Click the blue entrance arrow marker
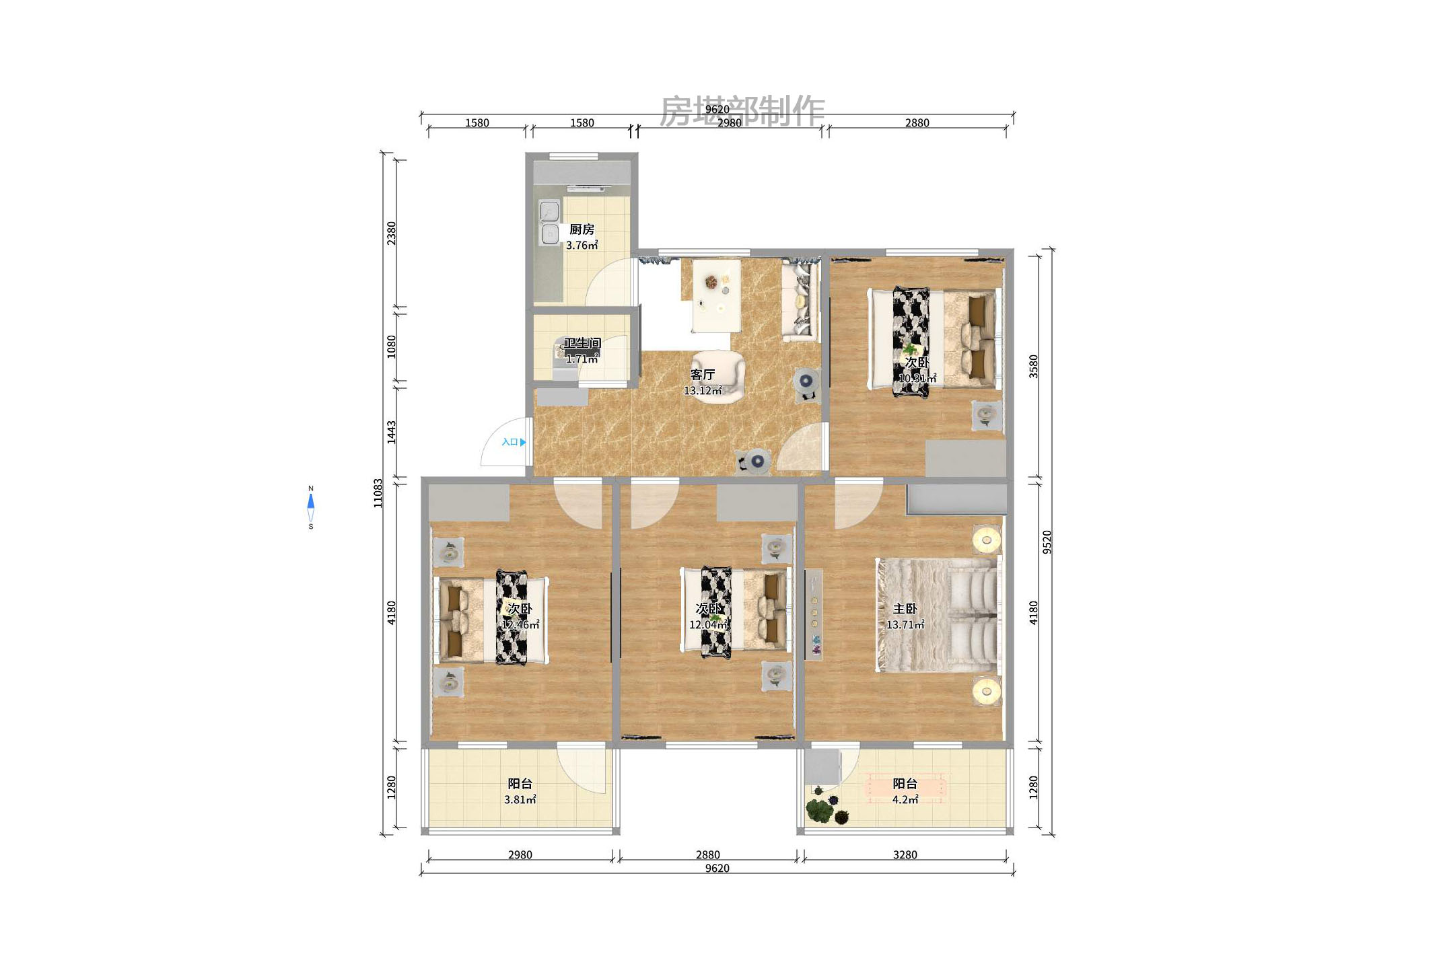coord(523,442)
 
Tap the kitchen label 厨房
coord(582,229)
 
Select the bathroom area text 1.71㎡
coord(582,359)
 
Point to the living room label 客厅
coord(702,375)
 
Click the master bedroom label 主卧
coord(905,609)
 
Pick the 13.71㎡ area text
coord(905,625)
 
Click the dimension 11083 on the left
coord(378,493)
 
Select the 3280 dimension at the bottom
coord(905,855)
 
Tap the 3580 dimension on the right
coord(1034,367)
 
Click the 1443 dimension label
coord(391,432)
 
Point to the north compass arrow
coord(310,501)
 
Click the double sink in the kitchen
coord(550,223)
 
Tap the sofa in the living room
coord(800,301)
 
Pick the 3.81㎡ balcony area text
coord(520,800)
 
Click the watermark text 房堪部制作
coord(742,111)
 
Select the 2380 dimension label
coord(391,233)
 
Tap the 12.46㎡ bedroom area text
coord(520,625)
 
